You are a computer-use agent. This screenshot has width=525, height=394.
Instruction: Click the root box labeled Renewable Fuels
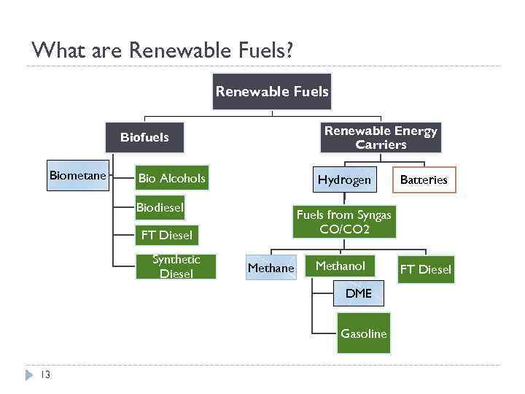(x=271, y=92)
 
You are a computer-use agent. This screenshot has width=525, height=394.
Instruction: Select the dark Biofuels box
(x=144, y=137)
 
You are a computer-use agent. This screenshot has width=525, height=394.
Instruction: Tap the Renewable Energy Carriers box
(x=381, y=137)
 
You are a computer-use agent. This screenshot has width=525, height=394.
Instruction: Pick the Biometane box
(x=78, y=175)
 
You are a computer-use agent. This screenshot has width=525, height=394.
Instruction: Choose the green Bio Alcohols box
(x=172, y=178)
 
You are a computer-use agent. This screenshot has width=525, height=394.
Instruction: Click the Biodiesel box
(x=160, y=207)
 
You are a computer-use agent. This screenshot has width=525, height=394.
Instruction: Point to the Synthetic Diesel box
(x=176, y=266)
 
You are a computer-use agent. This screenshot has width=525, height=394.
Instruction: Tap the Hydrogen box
(x=344, y=179)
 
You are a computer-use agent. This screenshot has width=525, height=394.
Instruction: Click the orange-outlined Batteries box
(x=424, y=179)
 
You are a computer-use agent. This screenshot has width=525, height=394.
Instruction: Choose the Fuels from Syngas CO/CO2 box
(x=343, y=222)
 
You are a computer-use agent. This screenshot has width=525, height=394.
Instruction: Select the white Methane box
(x=271, y=268)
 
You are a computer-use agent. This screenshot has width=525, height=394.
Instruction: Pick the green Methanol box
(x=340, y=266)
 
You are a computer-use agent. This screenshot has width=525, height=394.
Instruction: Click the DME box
(x=358, y=293)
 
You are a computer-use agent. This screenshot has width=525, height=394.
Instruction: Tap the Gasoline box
(x=363, y=333)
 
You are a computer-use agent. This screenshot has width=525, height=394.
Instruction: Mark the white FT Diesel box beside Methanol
(x=425, y=269)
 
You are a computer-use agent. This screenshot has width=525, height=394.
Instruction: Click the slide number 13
(x=45, y=375)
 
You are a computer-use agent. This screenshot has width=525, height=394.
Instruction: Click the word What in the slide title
(x=55, y=50)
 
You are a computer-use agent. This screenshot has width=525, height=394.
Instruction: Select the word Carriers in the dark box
(x=381, y=144)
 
